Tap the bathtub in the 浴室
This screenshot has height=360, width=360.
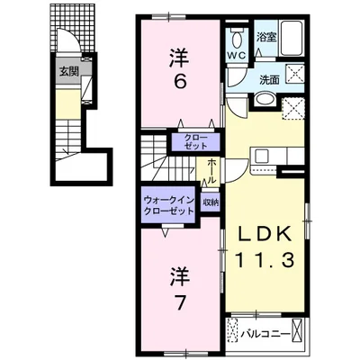[292, 38]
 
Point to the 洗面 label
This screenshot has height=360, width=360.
[269, 79]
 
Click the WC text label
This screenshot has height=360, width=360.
[237, 55]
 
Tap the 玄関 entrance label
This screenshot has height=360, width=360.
[69, 71]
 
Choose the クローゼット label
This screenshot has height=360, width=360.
[195, 142]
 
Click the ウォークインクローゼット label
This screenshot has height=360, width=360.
[169, 205]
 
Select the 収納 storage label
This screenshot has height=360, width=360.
[210, 202]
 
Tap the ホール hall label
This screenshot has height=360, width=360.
[211, 171]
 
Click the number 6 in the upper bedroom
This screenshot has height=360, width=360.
[180, 81]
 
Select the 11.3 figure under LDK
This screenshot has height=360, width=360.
[265, 259]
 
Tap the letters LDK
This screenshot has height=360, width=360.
[265, 234]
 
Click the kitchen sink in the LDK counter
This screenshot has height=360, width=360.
[261, 156]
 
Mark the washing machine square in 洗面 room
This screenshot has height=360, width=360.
[293, 73]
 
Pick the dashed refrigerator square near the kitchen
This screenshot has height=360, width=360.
[293, 109]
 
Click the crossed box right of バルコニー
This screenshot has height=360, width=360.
[298, 334]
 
